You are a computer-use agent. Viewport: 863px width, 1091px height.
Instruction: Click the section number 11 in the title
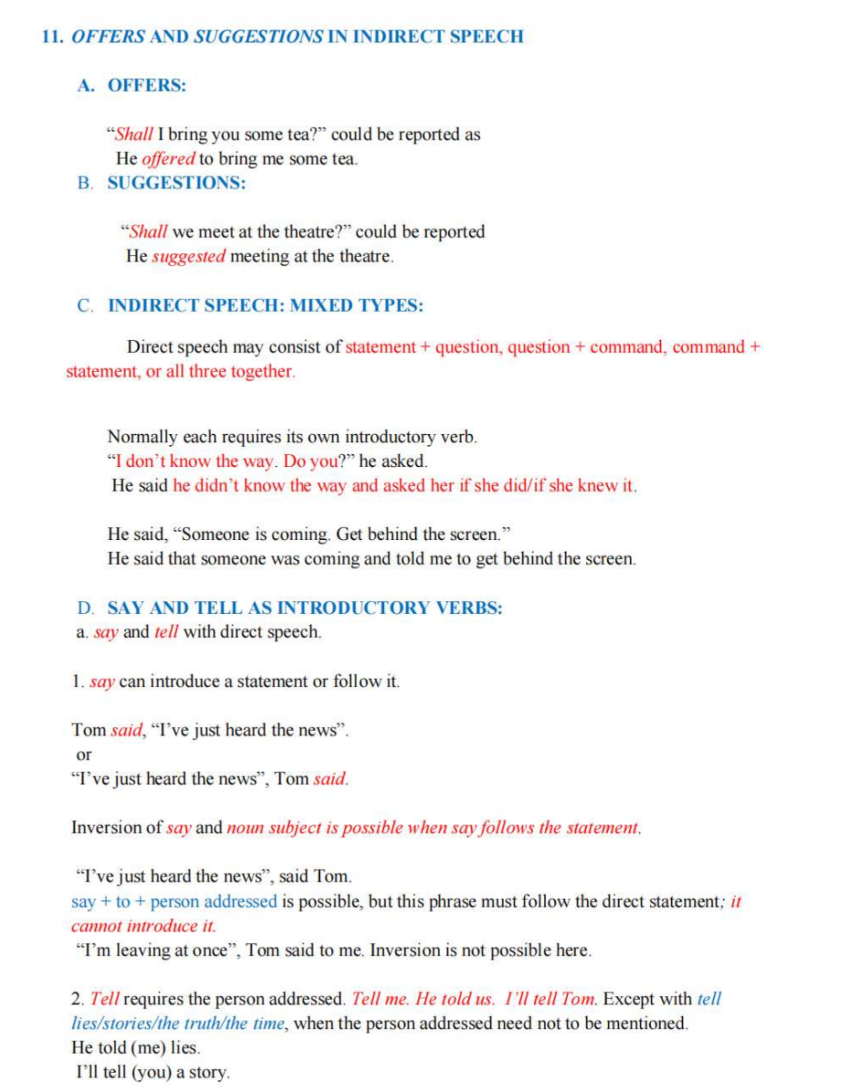pos(52,37)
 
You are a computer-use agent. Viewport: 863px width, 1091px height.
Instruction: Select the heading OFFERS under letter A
pos(146,86)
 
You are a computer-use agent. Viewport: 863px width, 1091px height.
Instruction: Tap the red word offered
pos(169,159)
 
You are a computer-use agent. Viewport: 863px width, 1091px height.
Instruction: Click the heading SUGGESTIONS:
pos(176,183)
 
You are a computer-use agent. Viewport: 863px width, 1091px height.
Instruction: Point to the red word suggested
pos(188,257)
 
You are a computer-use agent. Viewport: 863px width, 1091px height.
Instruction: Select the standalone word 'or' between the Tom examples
pos(84,755)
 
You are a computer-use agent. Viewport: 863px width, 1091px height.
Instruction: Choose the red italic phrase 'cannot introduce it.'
pos(144,926)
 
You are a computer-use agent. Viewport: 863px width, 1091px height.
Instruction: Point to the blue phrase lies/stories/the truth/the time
pos(178,1023)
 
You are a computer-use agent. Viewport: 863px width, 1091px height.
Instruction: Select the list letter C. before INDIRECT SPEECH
pos(86,306)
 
